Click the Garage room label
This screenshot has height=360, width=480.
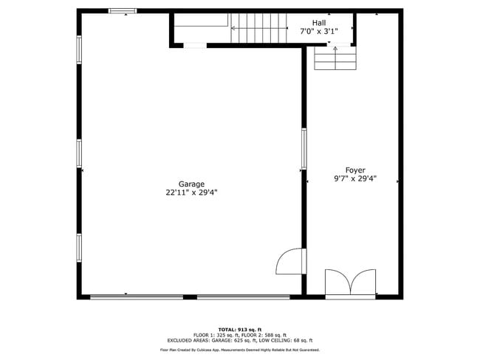pyautogui.click(x=191, y=184)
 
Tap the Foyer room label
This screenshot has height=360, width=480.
pyautogui.click(x=355, y=170)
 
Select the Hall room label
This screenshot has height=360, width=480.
pyautogui.click(x=318, y=24)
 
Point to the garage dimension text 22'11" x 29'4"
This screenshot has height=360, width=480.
pyautogui.click(x=191, y=193)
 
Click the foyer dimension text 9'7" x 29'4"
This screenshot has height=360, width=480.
pyautogui.click(x=355, y=179)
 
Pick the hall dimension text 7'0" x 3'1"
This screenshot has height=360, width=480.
pyautogui.click(x=318, y=32)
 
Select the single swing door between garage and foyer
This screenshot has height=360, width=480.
pyautogui.click(x=291, y=261)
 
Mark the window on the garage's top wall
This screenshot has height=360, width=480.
pyautogui.click(x=123, y=11)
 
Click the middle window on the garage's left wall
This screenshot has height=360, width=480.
pyautogui.click(x=79, y=153)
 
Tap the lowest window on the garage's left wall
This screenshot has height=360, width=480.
pyautogui.click(x=79, y=248)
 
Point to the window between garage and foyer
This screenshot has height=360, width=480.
pyautogui.click(x=304, y=148)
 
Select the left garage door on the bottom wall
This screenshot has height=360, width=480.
pyautogui.click(x=137, y=297)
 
